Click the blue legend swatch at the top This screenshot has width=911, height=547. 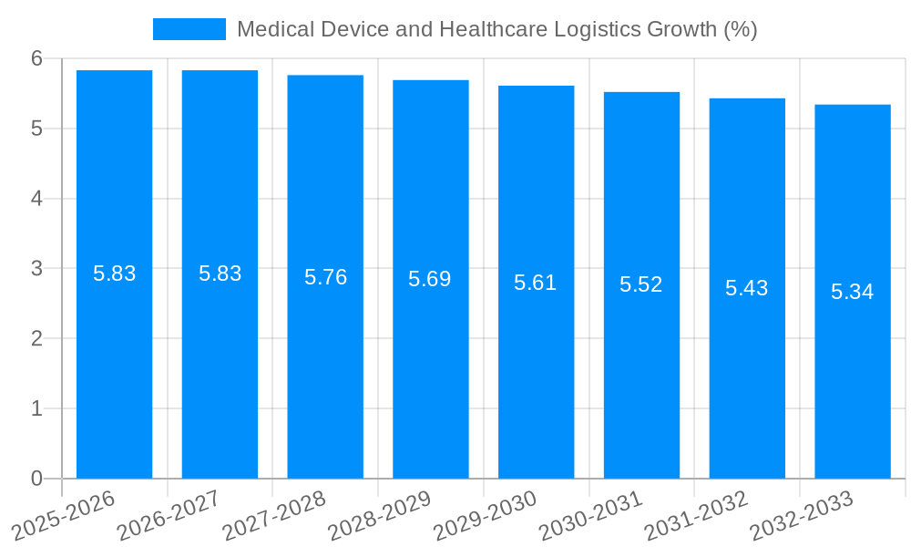(189, 29)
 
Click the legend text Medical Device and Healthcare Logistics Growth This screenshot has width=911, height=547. (496, 29)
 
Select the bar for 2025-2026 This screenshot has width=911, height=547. (114, 365)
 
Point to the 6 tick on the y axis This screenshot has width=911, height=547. (36, 58)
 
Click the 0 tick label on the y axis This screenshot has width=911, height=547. (36, 479)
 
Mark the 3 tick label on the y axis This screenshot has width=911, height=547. (36, 269)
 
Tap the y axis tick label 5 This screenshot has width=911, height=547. (36, 129)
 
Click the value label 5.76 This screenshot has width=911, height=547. (325, 277)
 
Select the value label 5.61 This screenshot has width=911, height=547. (535, 283)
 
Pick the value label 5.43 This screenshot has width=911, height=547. (746, 288)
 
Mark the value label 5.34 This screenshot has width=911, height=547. (852, 292)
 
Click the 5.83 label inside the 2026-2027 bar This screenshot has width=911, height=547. (220, 273)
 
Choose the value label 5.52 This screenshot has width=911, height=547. (640, 284)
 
